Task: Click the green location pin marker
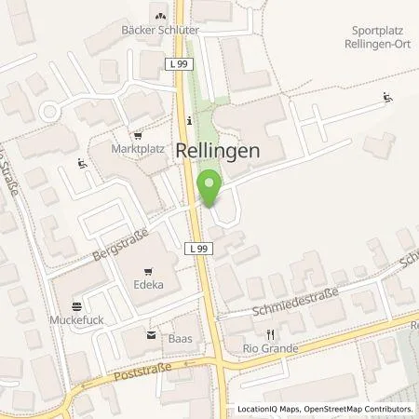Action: point(209,187)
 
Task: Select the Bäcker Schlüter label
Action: point(160,30)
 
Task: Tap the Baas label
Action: point(181,338)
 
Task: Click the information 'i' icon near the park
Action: point(189,119)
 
